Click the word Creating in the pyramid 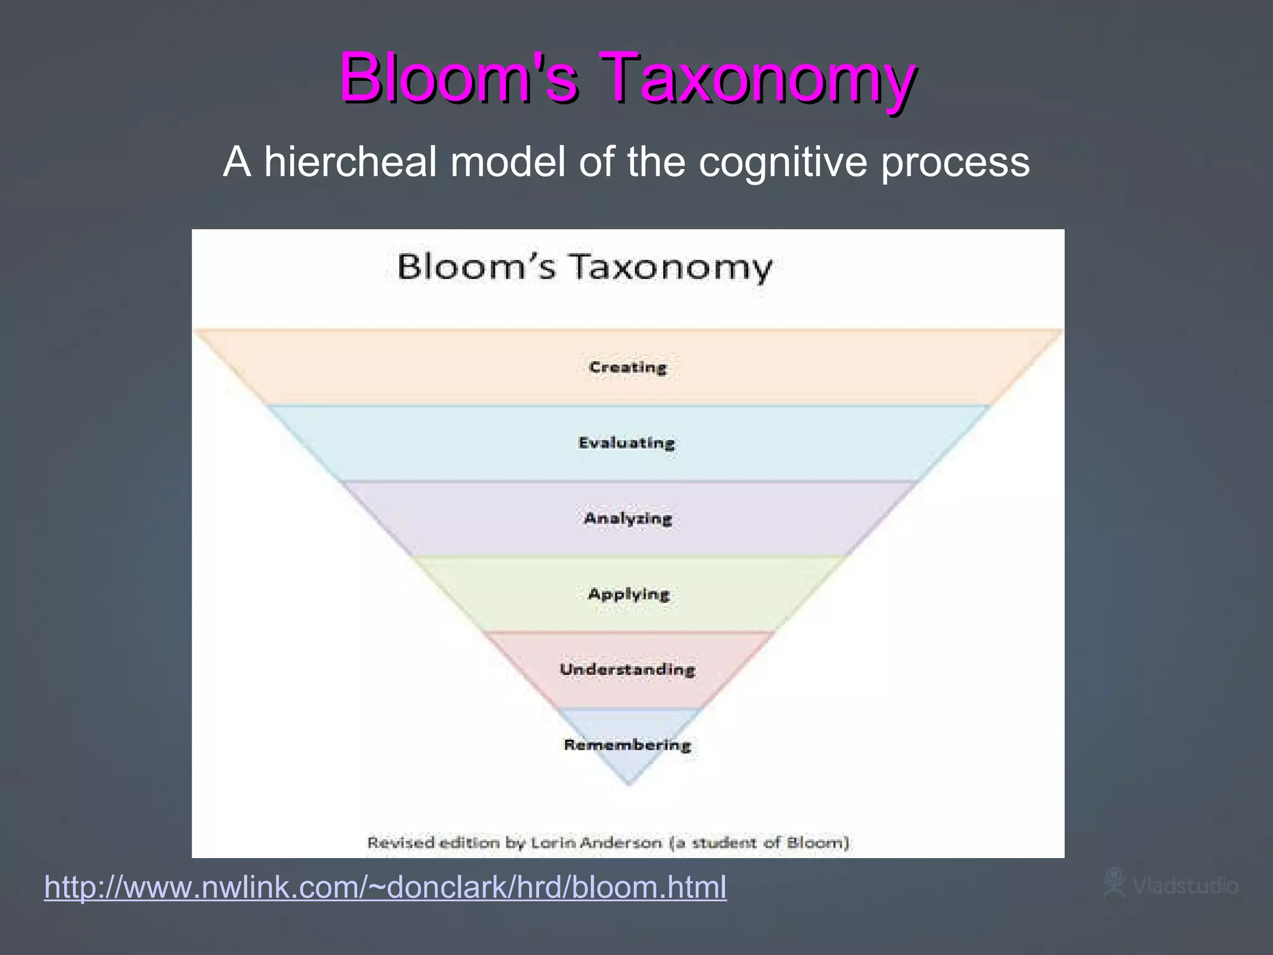[x=628, y=367]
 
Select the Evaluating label [x=627, y=443]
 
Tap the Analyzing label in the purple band [x=628, y=518]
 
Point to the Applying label [x=628, y=594]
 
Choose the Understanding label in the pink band [x=627, y=669]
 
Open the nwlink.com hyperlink [x=385, y=887]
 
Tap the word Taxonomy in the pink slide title [x=759, y=79]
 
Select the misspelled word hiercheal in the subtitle [x=350, y=162]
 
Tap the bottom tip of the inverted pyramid [x=628, y=783]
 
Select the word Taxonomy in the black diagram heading [x=671, y=268]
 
